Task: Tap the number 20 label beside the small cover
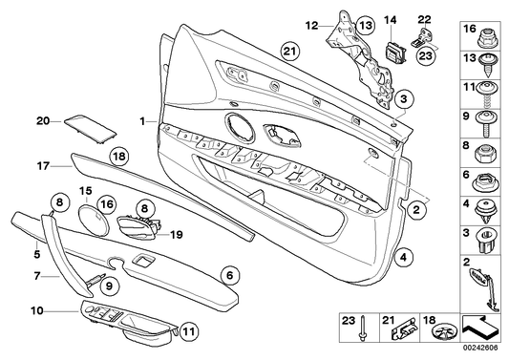41,120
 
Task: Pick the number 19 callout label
175,232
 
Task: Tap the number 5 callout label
36,255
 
